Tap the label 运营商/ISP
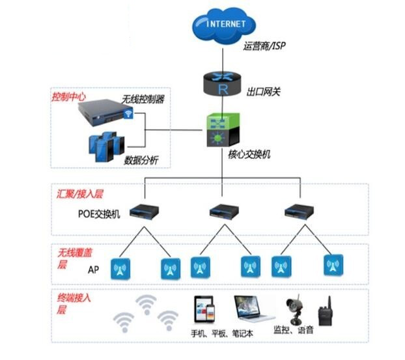[x=264, y=46]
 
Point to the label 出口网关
[x=264, y=91]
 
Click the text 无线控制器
[x=143, y=100]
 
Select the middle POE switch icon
[x=221, y=211]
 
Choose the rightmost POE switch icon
[x=297, y=211]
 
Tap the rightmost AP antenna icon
[x=333, y=265]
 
